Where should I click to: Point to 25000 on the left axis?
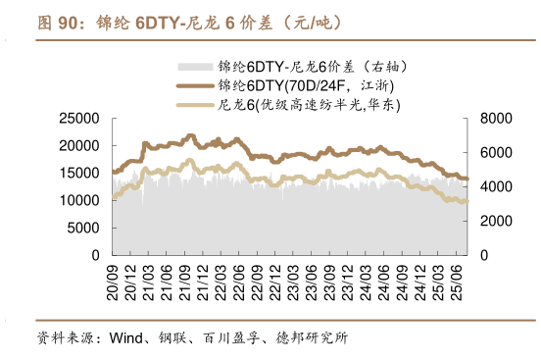point(79,119)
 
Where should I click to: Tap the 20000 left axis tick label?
point(79,146)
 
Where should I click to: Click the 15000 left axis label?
point(79,174)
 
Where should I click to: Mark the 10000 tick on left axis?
point(79,200)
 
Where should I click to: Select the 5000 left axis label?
point(83,228)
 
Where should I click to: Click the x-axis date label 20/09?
point(114,279)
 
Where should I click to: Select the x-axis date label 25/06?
point(457,279)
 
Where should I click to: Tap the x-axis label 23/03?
point(293,279)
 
